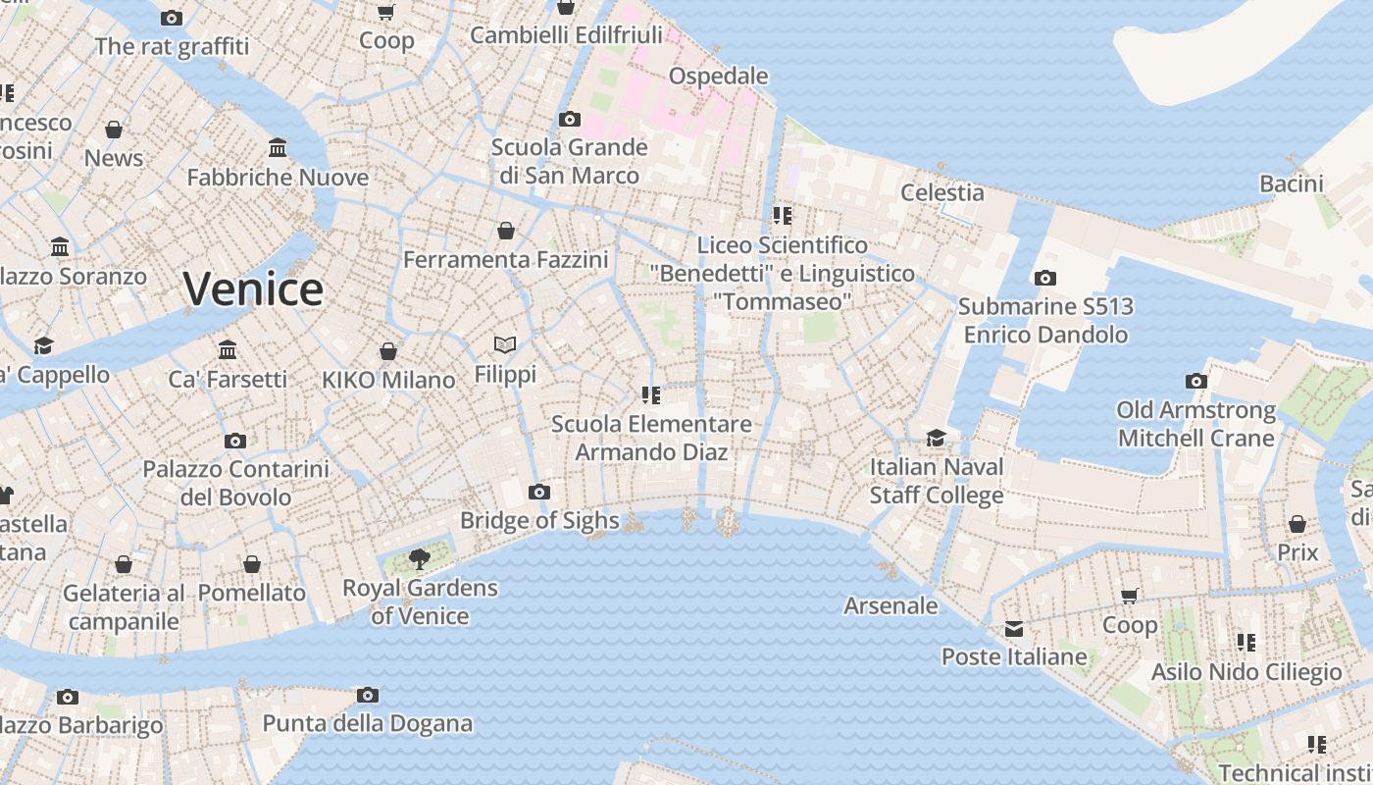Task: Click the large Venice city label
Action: pos(253,288)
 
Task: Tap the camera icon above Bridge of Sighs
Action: pos(538,492)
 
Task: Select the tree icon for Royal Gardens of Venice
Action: pos(420,559)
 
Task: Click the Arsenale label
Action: pos(890,605)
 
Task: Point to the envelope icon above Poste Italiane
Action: pos(1013,628)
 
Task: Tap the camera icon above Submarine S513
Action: pos(1045,278)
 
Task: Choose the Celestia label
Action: pos(941,192)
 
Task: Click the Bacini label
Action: pos(1291,183)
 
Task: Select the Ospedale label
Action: pos(718,76)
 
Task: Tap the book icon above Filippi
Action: pos(505,345)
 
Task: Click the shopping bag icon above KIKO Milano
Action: pos(388,350)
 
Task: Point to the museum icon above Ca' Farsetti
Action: pos(228,349)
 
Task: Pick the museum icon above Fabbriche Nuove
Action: pos(278,148)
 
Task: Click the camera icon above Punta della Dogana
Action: pos(368,695)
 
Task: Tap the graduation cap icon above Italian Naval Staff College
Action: pos(937,438)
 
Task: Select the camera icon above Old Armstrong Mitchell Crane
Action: pos(1195,381)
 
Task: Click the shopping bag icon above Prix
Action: pos(1297,524)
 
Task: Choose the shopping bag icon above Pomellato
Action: pos(252,564)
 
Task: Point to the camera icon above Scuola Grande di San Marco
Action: pos(570,119)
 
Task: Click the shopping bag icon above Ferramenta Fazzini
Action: pos(506,231)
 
